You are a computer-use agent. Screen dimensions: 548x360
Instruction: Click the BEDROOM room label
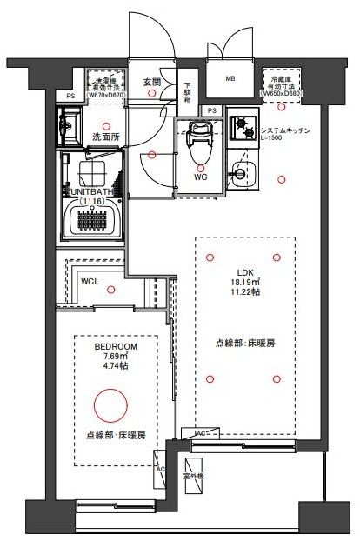pos(110,346)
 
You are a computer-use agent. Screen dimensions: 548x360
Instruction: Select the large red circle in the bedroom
pos(110,404)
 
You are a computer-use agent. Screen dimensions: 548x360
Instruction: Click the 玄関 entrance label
pos(152,82)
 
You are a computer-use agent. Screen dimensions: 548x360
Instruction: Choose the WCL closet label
pos(90,282)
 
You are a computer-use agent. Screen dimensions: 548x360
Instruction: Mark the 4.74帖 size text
pos(110,367)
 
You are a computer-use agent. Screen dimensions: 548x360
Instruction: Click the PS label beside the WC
pos(213,110)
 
